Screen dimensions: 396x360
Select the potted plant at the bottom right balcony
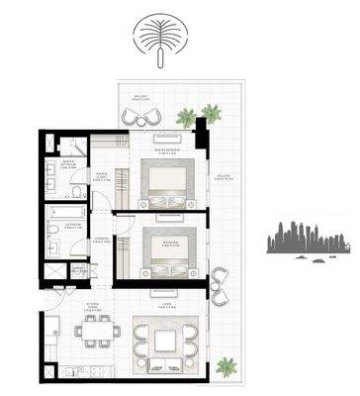click(x=226, y=365)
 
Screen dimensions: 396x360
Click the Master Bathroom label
click(x=69, y=164)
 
